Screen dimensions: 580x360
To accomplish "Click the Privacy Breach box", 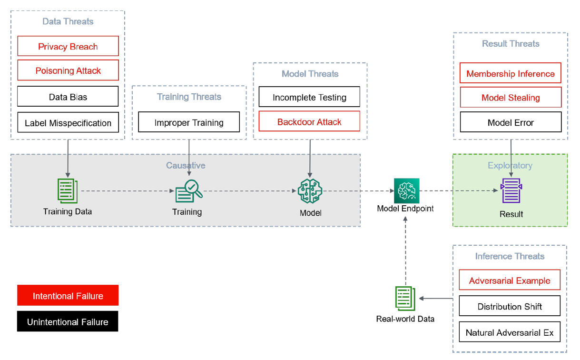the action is (x=68, y=46).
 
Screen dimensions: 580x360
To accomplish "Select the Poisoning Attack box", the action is (x=68, y=70).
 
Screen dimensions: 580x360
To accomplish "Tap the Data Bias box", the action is (x=68, y=96).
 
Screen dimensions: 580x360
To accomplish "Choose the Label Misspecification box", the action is (x=68, y=122).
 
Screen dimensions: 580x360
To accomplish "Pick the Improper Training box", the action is (x=189, y=122).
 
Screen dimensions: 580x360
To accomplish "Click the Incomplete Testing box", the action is (x=309, y=97).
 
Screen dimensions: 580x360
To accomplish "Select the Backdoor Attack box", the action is (x=309, y=121).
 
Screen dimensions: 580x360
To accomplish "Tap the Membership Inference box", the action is (x=511, y=73).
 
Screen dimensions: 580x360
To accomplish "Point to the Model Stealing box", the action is (x=511, y=97).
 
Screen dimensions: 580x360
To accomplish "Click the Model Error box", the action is (x=511, y=122).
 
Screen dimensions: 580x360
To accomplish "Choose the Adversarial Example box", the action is (x=510, y=280).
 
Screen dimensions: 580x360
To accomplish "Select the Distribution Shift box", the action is (x=510, y=306).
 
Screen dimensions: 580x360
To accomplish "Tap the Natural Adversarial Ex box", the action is (x=510, y=332).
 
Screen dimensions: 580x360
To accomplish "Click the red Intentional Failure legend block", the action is (x=68, y=295).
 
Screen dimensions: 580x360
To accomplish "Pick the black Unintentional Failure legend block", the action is (x=68, y=321).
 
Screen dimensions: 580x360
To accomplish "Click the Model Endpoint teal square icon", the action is (x=406, y=191).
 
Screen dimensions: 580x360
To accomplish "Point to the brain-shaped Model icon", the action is (x=310, y=191).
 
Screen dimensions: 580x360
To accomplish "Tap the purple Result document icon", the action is (x=511, y=191).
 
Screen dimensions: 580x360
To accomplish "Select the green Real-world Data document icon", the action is (x=405, y=299).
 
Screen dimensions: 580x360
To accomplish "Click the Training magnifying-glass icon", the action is (x=189, y=191).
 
